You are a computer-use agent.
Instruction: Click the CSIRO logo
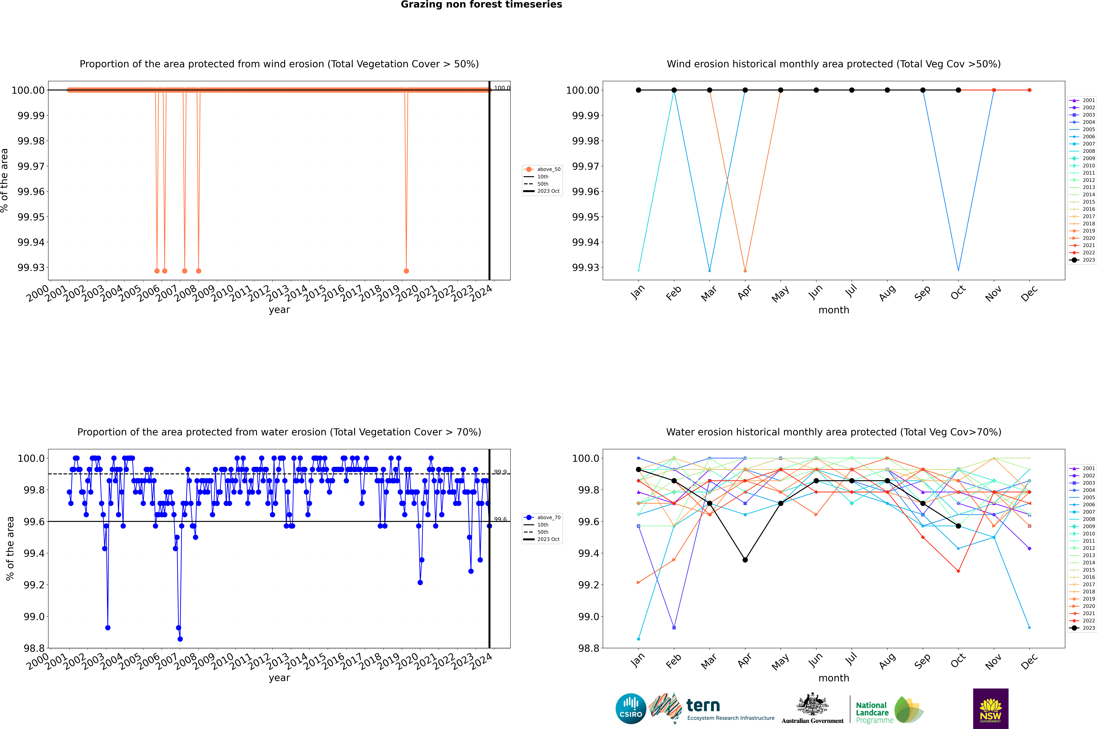(x=631, y=709)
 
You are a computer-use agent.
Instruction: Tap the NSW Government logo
(x=990, y=709)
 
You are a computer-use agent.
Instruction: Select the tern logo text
(x=703, y=706)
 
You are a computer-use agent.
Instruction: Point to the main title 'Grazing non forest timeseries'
(x=481, y=5)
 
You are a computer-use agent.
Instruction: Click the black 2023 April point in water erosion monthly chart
(x=745, y=560)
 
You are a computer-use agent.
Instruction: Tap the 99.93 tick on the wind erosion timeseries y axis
(x=31, y=268)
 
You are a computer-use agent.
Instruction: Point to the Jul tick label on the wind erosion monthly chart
(x=851, y=291)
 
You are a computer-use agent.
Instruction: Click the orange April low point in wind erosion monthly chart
(x=745, y=271)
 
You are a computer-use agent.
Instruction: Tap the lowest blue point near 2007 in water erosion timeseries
(x=180, y=639)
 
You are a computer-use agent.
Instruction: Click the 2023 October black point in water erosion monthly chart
(x=958, y=526)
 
